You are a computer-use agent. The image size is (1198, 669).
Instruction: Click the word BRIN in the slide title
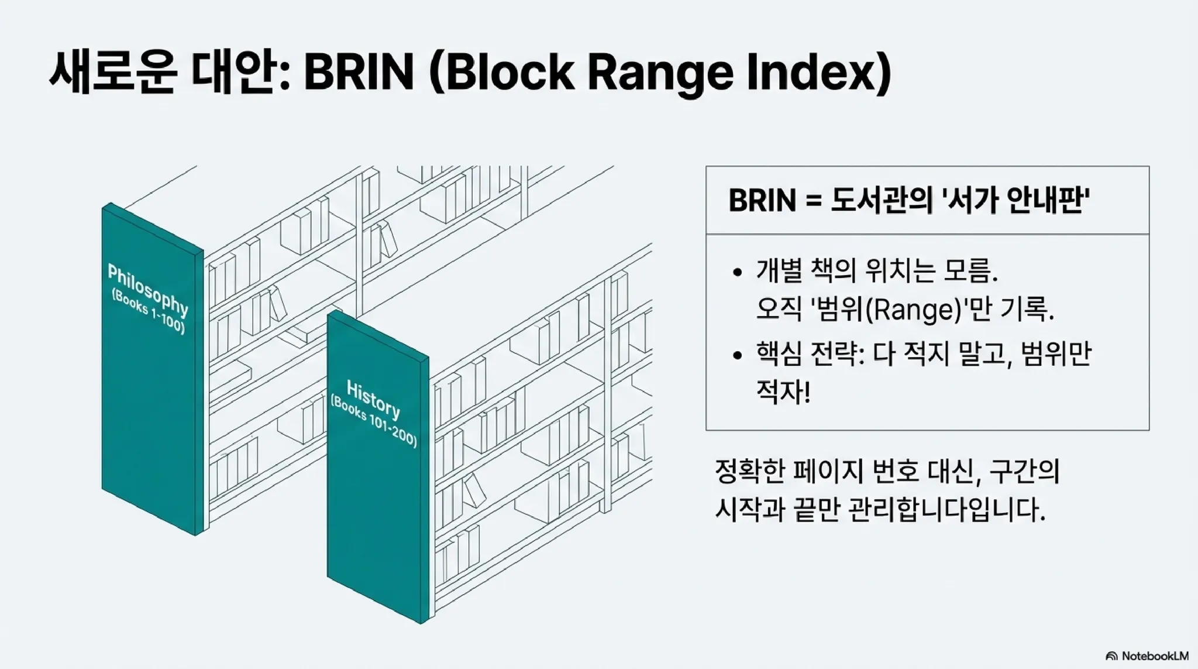(x=359, y=72)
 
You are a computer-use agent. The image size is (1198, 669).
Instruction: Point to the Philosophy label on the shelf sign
(x=148, y=289)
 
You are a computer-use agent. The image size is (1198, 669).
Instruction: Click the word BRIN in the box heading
(x=762, y=201)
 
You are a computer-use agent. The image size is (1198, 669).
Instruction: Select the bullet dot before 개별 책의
(x=737, y=272)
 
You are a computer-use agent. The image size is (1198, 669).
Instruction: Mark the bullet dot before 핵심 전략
(x=737, y=355)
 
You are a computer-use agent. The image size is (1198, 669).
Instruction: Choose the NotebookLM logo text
(x=1155, y=656)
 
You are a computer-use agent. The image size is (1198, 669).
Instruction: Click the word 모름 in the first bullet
(x=970, y=271)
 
